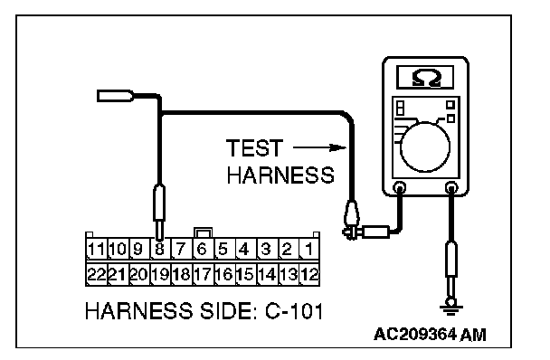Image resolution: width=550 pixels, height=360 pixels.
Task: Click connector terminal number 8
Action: point(159,249)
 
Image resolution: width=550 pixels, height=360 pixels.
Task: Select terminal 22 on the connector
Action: point(97,274)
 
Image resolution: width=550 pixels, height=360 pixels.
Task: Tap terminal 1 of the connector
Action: point(309,249)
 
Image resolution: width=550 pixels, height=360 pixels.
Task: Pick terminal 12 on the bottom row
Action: point(309,274)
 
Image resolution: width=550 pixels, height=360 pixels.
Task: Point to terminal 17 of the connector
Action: point(203,274)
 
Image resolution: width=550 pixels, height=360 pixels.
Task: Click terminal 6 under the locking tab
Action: point(203,249)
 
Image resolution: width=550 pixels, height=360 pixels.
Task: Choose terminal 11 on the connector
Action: point(97,249)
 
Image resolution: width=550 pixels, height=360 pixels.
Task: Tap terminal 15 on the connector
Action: point(245,274)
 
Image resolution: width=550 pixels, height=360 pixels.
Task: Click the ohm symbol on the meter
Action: point(426,78)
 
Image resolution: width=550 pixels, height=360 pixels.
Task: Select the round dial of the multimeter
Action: point(425,147)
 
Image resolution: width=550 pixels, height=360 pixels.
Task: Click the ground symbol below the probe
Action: point(451,308)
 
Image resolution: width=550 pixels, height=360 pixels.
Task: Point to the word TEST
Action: point(254,147)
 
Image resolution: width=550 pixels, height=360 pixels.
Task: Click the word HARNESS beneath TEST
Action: point(280,175)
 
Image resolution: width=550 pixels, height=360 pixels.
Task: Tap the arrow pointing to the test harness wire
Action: point(319,147)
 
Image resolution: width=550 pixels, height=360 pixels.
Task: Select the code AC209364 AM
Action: point(430,335)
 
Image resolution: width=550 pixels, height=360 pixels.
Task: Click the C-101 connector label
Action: point(294,311)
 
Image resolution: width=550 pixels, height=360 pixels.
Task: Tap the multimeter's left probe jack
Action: point(400,187)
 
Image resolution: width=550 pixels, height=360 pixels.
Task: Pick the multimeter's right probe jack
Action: point(451,187)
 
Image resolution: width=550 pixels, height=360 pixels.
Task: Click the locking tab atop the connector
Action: point(203,232)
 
